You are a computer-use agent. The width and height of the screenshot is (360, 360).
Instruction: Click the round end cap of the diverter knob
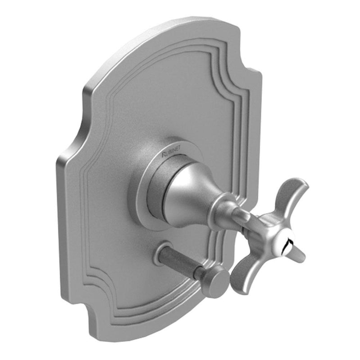tap(215, 282)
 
